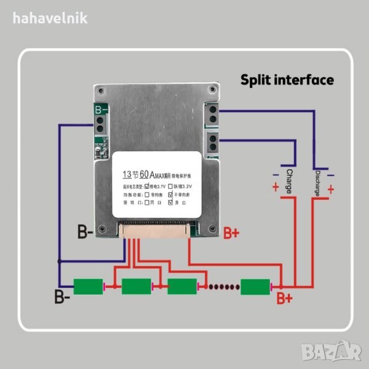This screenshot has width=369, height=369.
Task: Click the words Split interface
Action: tap(287, 80)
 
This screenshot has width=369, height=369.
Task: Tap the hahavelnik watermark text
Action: tap(50, 17)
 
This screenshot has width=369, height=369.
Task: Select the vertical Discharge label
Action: tap(317, 182)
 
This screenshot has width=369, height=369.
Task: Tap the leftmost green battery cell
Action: tap(90, 287)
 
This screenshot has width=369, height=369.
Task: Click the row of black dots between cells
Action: tap(221, 287)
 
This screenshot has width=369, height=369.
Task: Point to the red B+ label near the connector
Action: tap(231, 232)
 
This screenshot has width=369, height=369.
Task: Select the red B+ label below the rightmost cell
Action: tap(284, 300)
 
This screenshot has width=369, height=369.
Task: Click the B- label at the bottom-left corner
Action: tap(62, 298)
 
